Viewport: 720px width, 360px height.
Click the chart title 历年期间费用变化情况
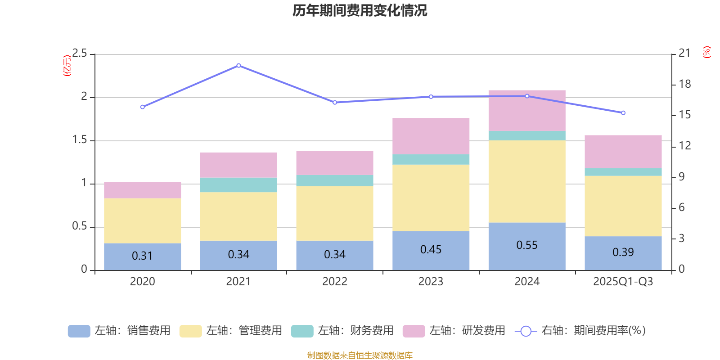tap(360, 10)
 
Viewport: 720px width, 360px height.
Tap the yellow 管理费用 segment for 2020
tap(142, 220)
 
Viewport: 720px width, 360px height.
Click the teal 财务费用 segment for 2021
tap(238, 185)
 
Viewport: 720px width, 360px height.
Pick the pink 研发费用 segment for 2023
tap(431, 136)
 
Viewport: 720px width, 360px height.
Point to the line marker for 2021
tap(238, 66)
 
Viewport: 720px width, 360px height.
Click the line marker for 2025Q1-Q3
tap(623, 113)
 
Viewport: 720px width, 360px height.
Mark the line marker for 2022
tap(335, 103)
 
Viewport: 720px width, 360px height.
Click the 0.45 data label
tap(431, 250)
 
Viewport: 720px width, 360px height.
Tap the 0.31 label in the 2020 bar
tap(142, 256)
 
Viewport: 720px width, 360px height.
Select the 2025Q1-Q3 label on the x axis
tap(623, 282)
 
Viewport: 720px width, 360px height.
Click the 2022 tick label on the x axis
tap(335, 282)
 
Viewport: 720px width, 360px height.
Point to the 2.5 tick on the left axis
tap(80, 54)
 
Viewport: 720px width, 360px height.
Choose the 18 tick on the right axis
tap(685, 84)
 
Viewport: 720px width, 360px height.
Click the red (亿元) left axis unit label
tap(67, 66)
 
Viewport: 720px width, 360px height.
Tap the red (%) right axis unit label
tap(707, 52)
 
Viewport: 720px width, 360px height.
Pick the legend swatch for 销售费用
tap(79, 331)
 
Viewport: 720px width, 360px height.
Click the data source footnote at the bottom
tap(360, 355)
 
